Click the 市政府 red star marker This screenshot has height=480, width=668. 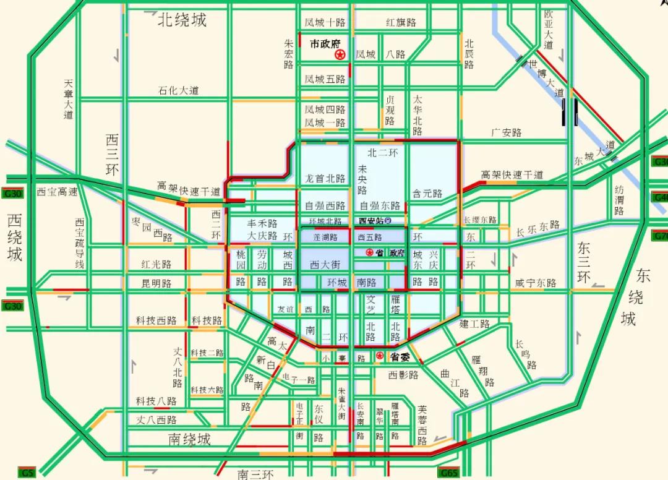340,55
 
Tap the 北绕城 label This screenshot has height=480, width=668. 182,20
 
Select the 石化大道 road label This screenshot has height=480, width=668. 179,90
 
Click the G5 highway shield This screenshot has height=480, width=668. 26,473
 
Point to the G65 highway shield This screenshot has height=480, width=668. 449,473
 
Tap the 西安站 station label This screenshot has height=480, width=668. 371,221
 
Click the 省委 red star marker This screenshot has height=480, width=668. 380,356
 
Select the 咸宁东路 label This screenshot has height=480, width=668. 536,283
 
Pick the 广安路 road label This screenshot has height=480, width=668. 507,132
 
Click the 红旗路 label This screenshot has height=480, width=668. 401,22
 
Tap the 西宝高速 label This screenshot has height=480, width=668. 57,192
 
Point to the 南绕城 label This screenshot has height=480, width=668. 190,439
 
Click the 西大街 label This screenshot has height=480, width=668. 325,264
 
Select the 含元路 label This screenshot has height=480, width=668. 428,194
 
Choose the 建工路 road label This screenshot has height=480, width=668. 475,324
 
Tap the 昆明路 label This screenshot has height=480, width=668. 156,283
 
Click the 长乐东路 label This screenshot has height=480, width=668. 537,229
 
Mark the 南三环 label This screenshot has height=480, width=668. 255,474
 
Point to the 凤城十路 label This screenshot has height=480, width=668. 325,22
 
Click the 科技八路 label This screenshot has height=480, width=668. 156,401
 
